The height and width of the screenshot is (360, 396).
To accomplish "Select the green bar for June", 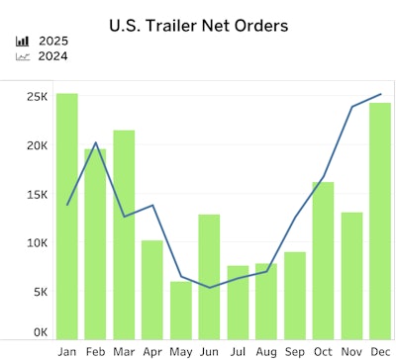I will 209,276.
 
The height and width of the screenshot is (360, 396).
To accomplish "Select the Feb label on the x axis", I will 96,351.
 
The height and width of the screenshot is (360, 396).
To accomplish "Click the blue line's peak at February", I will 96,142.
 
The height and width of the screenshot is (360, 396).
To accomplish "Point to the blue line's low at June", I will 209,288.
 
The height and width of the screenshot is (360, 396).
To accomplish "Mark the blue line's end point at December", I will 381,95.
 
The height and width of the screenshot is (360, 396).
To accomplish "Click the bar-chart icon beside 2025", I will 23,42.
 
